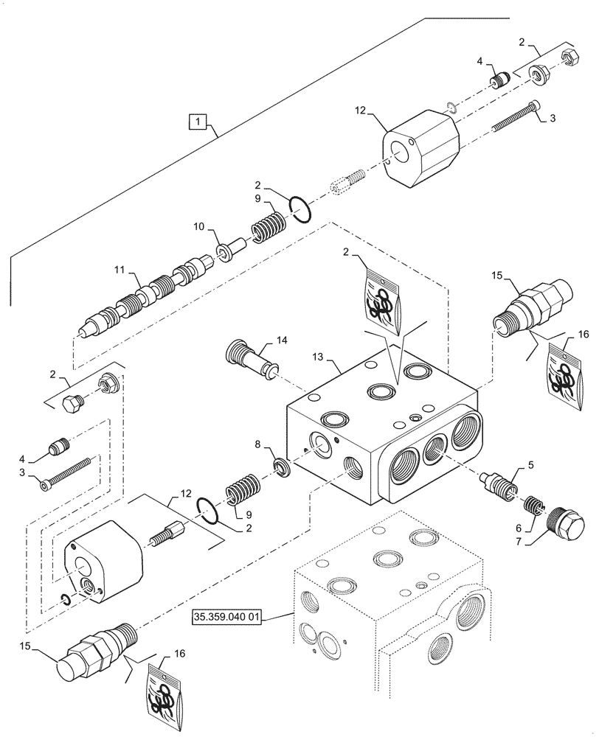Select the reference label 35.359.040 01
227,616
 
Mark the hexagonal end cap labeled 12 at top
422,147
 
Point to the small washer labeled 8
281,467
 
